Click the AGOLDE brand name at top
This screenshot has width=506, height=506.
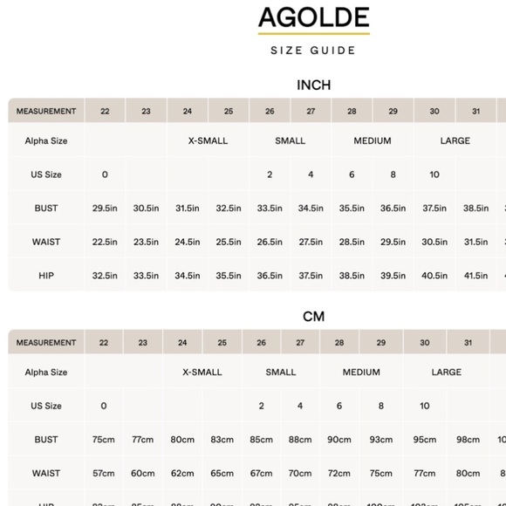[x=313, y=18]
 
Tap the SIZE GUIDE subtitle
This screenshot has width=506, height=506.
[x=313, y=51]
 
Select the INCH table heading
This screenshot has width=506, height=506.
[x=313, y=85]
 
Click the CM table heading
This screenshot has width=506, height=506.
[x=313, y=316]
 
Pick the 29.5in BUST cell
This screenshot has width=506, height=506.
[x=104, y=209]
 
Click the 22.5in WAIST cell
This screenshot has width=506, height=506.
[x=104, y=243]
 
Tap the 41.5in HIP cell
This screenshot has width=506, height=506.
[x=475, y=276]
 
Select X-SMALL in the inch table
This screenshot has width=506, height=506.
[x=208, y=140]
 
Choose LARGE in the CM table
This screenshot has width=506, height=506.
[x=446, y=373]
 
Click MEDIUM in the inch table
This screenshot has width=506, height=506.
[x=373, y=140]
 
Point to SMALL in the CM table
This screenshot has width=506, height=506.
[x=280, y=373]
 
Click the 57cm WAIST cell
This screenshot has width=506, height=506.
[x=104, y=473]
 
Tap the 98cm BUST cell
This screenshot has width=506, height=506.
[x=468, y=440]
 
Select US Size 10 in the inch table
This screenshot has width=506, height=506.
[x=434, y=174]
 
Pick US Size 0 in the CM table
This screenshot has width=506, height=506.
[x=104, y=406]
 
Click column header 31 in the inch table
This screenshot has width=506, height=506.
[x=475, y=111]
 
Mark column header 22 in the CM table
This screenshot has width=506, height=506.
[x=104, y=343]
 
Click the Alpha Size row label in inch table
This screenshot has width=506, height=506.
[x=46, y=140]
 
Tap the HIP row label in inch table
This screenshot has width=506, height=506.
[x=46, y=276]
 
